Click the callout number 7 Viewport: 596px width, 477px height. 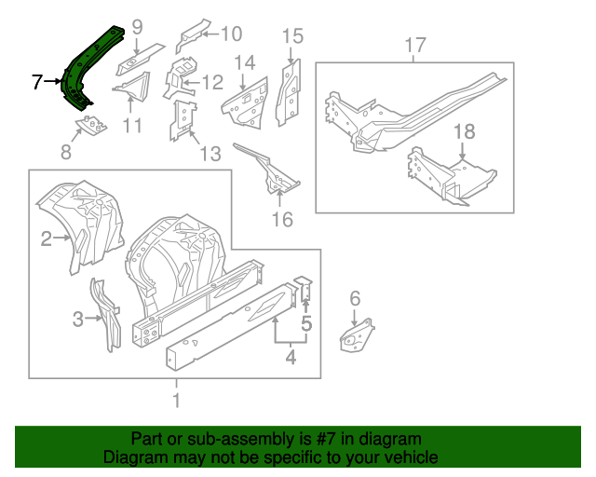coord(37,83)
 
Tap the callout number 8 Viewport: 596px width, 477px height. coord(66,152)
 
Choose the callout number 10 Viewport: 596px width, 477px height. coord(229,34)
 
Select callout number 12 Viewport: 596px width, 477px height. coord(212,83)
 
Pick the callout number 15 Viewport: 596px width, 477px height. coord(292,36)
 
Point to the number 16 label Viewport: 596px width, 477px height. coord(281,220)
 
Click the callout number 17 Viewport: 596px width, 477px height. coord(415,44)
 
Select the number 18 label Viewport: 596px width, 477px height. coord(464,132)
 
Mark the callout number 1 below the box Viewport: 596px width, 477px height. coord(176,402)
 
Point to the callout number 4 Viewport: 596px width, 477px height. coord(290,355)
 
